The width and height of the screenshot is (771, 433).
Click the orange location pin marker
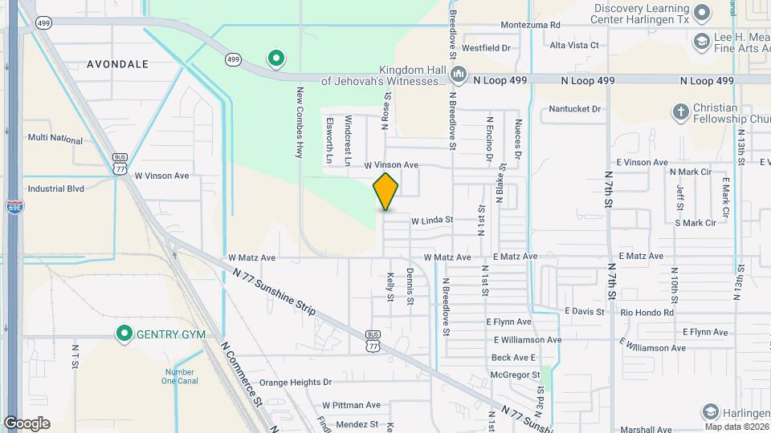385,192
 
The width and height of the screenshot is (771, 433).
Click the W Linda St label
432,220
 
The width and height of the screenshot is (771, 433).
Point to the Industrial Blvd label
55,189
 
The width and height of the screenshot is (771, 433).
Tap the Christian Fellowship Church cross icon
680,112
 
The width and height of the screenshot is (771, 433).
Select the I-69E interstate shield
14,206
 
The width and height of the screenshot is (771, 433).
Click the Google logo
27,423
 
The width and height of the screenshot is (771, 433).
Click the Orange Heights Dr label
295,382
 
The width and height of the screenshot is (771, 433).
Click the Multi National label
55,140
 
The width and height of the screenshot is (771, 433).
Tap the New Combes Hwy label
300,122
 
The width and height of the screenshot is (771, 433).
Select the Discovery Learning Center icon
701,13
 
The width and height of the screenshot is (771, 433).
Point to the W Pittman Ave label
351,405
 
